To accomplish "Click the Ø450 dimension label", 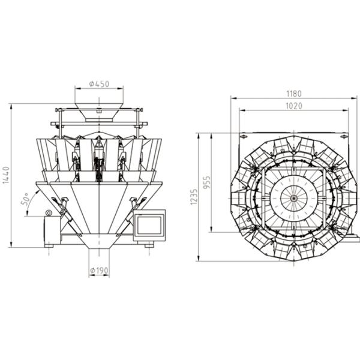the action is pyautogui.click(x=99, y=84).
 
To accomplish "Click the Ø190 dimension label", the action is pyautogui.click(x=99, y=271).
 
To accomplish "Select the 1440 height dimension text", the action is pyautogui.click(x=6, y=175).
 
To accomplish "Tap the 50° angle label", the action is pyautogui.click(x=25, y=199).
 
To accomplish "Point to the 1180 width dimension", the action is pyautogui.click(x=294, y=94).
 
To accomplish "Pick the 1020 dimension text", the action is pyautogui.click(x=294, y=106).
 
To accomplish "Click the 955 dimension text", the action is pyautogui.click(x=207, y=182).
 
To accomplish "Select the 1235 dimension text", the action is pyautogui.click(x=194, y=197).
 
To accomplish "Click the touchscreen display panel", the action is pyautogui.click(x=149, y=225).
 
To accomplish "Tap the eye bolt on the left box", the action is pyautogui.click(x=48, y=213).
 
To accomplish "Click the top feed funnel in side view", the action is pyautogui.click(x=99, y=113).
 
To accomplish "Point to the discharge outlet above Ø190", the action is pyautogui.click(x=99, y=241).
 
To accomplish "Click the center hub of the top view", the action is pyautogui.click(x=293, y=199).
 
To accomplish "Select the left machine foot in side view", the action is pyautogui.click(x=49, y=245).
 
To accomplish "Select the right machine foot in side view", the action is pyautogui.click(x=149, y=245).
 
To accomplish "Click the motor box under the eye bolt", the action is pyautogui.click(x=52, y=230).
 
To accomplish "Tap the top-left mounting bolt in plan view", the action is pyautogui.click(x=244, y=137).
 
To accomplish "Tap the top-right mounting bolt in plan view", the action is pyautogui.click(x=344, y=137).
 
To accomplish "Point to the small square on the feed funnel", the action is pyautogui.click(x=99, y=112).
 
